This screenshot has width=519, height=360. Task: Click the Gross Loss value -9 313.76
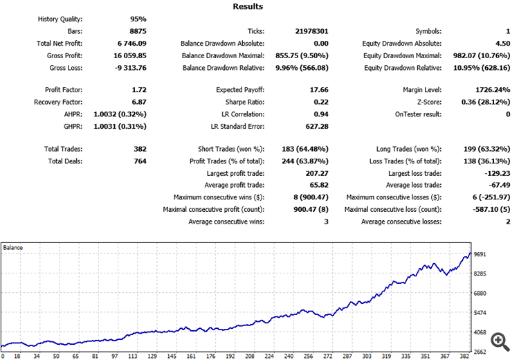[x=127, y=68]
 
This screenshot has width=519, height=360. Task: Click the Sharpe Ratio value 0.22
[x=318, y=102]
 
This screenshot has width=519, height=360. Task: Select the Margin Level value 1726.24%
[x=491, y=90]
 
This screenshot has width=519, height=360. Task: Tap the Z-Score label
[x=425, y=102]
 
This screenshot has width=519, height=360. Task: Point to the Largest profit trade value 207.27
[x=315, y=173]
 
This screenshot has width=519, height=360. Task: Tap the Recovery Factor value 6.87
[x=137, y=102]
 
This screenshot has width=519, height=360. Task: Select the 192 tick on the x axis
[x=131, y=356]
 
